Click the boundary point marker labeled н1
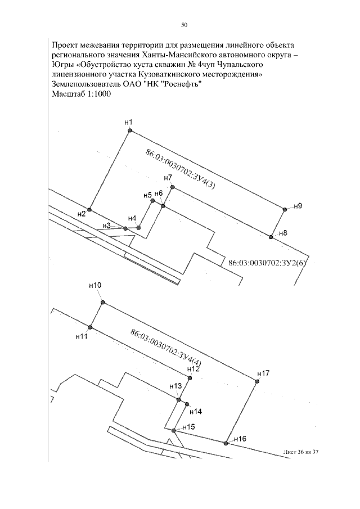129,130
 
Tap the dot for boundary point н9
285,210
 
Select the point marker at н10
103,303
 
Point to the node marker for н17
257,382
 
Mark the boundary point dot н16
226,443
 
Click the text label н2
82,214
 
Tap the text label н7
168,178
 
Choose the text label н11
82,337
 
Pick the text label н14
196,412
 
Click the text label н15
188,427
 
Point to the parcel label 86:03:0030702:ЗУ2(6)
268,263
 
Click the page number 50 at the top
184,25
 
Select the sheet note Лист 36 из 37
301,452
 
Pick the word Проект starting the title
64,45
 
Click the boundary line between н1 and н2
109,170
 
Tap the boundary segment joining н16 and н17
241,413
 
